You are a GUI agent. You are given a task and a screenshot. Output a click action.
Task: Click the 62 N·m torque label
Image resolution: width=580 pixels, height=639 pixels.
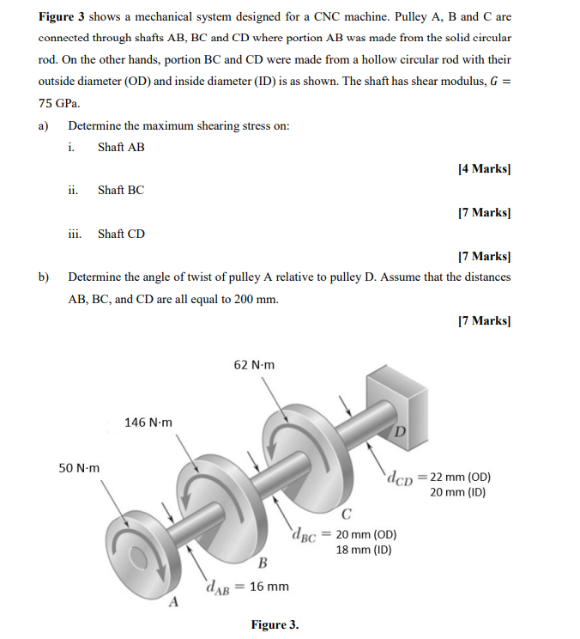click(x=254, y=364)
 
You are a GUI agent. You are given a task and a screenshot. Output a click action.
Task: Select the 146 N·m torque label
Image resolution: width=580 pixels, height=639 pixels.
click(x=148, y=422)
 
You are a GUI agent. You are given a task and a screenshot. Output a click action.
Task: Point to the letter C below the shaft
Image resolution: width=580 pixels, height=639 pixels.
click(x=346, y=515)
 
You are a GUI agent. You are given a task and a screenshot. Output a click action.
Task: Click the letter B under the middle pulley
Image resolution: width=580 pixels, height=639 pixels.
click(x=263, y=563)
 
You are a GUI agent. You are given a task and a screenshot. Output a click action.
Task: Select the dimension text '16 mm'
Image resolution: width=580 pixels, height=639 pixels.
click(x=270, y=587)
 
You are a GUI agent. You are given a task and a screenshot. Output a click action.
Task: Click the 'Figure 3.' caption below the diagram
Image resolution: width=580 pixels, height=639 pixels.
click(x=275, y=624)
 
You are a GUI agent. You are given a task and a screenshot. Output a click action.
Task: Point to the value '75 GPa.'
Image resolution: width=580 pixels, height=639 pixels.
click(x=59, y=103)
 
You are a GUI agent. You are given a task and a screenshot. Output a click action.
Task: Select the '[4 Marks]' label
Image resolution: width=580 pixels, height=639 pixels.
click(x=485, y=169)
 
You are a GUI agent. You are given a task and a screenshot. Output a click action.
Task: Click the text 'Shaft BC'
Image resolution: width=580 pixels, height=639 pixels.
click(x=121, y=190)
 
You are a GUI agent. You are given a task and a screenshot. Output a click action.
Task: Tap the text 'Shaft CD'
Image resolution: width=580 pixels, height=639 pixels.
click(x=121, y=234)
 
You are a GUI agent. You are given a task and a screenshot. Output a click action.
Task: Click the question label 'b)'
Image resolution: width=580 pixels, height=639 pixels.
click(x=44, y=277)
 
